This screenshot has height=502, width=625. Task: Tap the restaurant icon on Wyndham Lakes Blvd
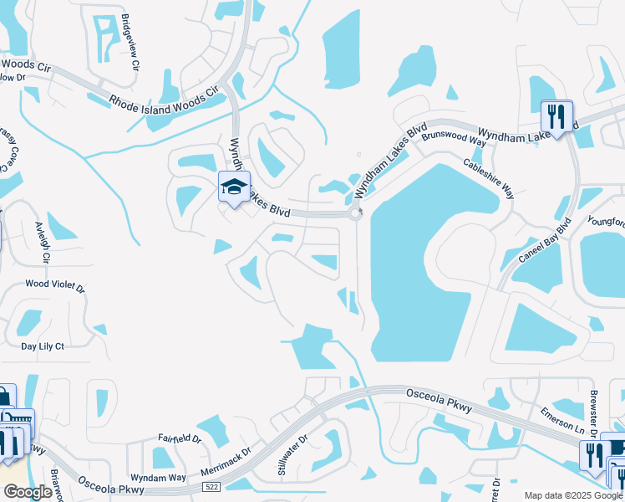(x=556, y=115)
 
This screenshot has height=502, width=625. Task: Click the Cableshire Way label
(x=489, y=177)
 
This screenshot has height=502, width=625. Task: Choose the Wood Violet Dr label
(x=55, y=285)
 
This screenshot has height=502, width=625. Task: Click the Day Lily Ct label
(x=42, y=346)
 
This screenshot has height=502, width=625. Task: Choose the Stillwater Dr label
(x=293, y=449)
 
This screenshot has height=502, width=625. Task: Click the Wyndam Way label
(x=159, y=477)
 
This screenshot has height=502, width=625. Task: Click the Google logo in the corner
(x=28, y=491)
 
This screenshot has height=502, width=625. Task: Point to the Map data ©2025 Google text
(x=572, y=495)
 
